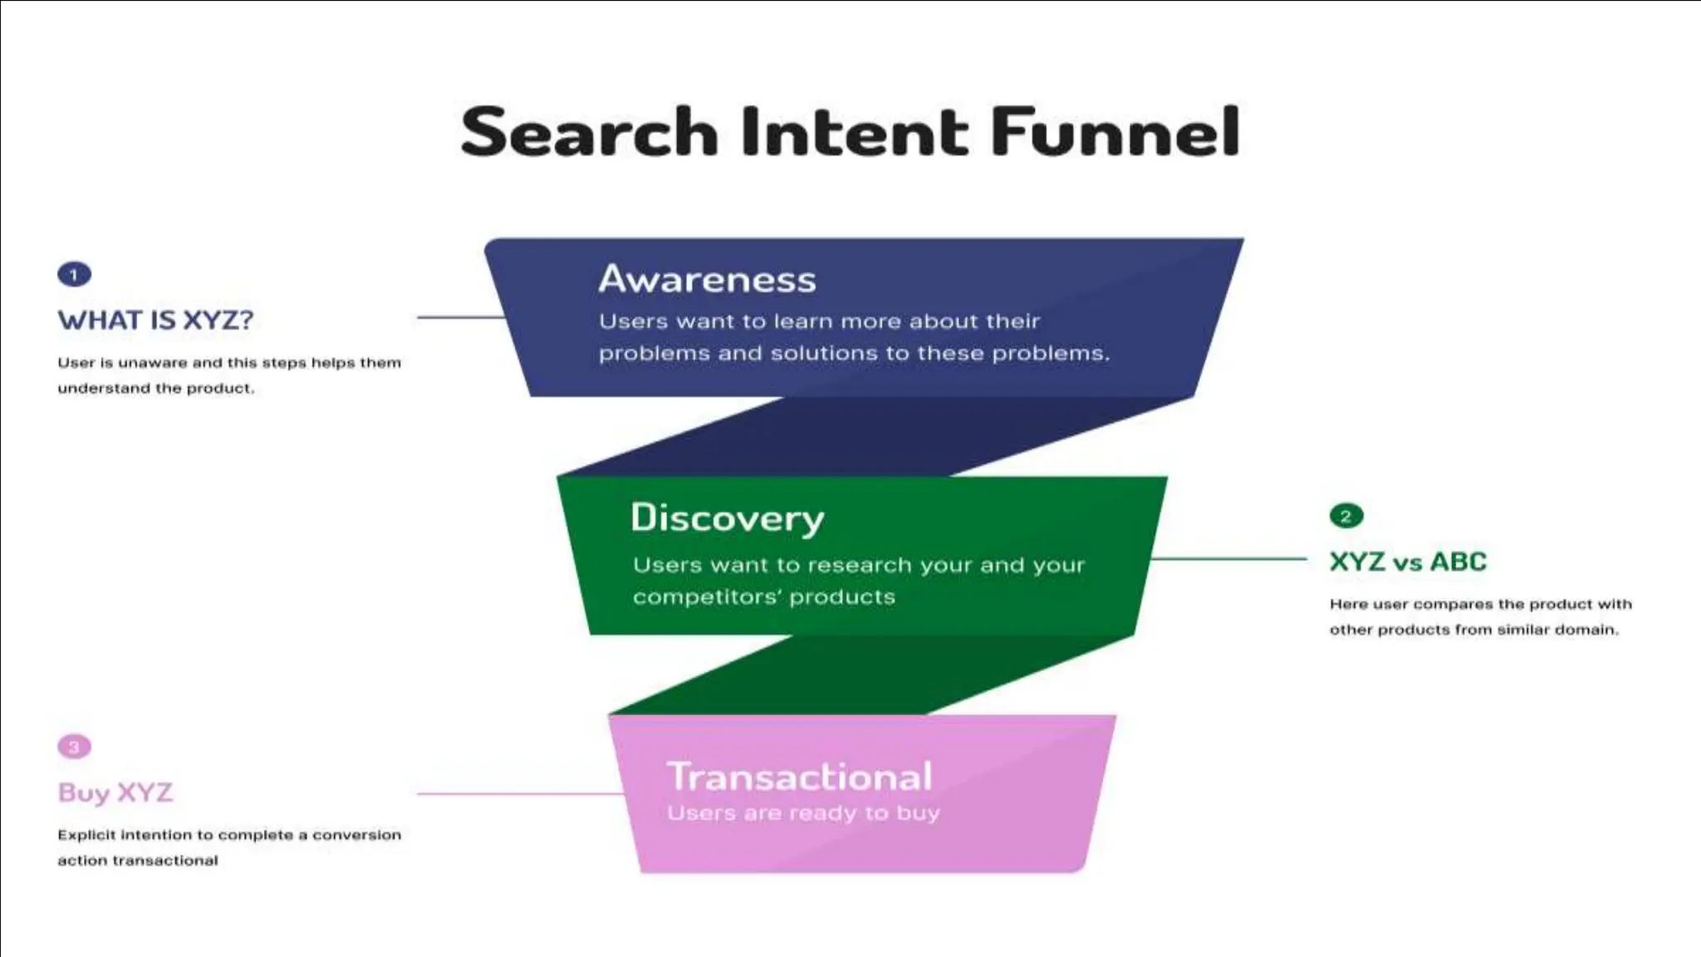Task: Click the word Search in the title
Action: [589, 132]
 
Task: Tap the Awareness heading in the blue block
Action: [707, 279]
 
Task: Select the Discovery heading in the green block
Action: [727, 518]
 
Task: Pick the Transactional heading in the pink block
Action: [800, 777]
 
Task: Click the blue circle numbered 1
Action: [74, 274]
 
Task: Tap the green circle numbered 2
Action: [1346, 516]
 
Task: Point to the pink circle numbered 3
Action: [74, 747]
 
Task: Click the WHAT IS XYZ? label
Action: [155, 320]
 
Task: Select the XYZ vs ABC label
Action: [1408, 562]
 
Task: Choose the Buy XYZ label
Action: [115, 793]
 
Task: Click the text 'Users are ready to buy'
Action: [803, 813]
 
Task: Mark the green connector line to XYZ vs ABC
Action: [1229, 559]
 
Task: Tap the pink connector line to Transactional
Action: [519, 794]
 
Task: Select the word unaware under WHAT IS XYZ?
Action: [153, 363]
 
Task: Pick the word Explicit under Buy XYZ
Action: [86, 835]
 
